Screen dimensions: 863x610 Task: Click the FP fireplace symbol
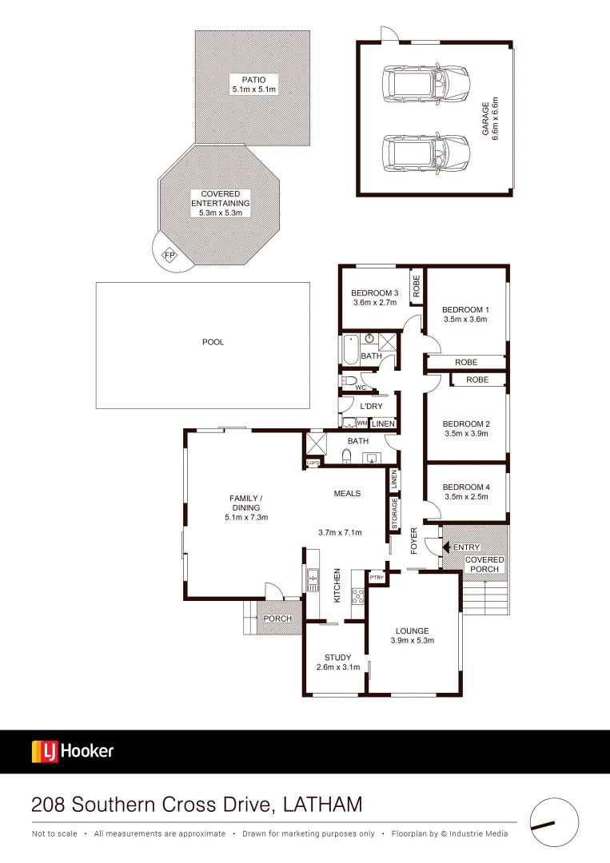click(x=169, y=255)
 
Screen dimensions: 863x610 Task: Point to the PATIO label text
click(x=253, y=79)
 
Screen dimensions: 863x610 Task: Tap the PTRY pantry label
click(x=377, y=577)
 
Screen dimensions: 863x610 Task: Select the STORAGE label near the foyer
click(x=394, y=514)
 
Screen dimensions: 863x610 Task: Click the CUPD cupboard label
click(x=313, y=463)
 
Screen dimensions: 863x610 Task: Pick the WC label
click(x=360, y=388)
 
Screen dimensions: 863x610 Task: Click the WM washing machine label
click(x=362, y=423)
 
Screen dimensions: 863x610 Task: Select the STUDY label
click(x=338, y=658)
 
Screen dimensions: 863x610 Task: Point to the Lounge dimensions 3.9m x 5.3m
click(x=411, y=641)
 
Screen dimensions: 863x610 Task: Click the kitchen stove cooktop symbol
click(x=358, y=596)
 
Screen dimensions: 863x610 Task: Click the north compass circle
click(x=553, y=821)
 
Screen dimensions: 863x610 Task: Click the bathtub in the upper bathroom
click(x=350, y=348)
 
